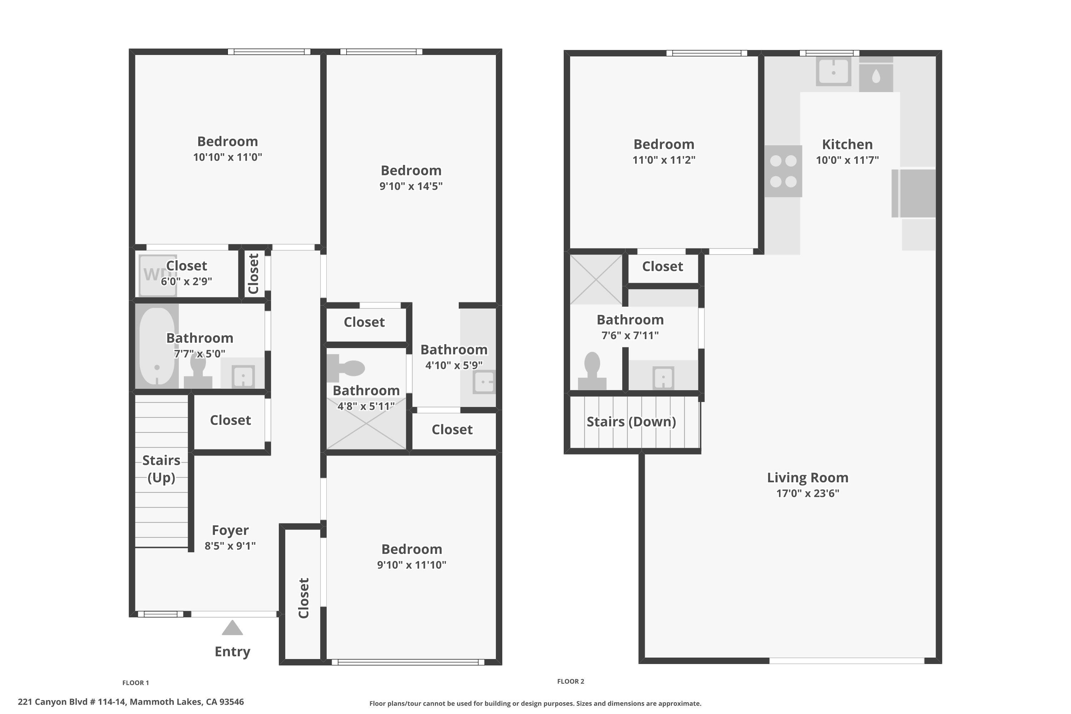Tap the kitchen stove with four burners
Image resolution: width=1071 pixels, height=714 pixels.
pos(783,171)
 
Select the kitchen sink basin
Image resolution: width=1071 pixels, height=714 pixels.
pos(833,71)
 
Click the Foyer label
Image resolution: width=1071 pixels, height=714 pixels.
pos(230,530)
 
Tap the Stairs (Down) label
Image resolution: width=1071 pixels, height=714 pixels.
pos(631,422)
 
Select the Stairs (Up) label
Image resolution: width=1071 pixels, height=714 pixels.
pos(161,468)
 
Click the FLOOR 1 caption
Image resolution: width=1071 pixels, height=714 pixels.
pos(136,683)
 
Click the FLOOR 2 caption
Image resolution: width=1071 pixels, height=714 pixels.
pos(570,681)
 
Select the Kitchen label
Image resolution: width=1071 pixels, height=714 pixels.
pos(847,144)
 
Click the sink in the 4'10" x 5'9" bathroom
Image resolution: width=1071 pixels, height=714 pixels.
pos(484,382)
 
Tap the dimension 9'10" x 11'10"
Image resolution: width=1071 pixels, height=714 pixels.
pos(411,565)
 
